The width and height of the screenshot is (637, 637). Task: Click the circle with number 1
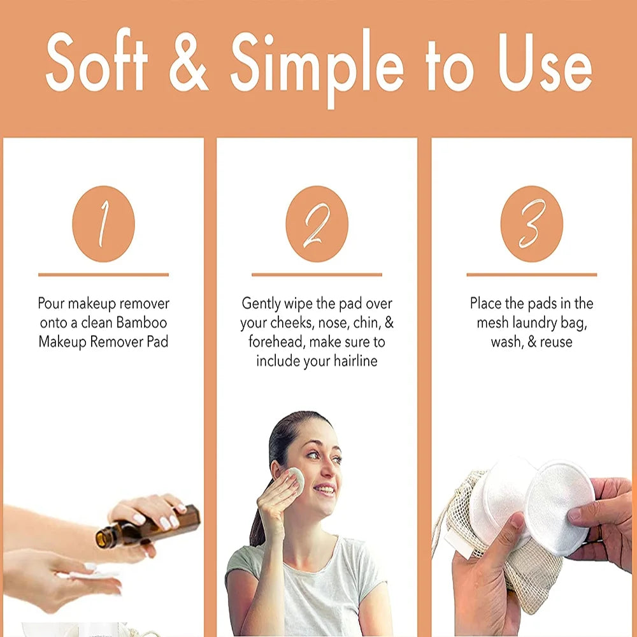tap(103, 224)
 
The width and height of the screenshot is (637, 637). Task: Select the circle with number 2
tap(317, 224)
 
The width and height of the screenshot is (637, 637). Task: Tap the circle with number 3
tap(531, 224)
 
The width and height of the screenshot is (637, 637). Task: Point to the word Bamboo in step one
tap(141, 322)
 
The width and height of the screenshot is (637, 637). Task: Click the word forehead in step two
tap(276, 342)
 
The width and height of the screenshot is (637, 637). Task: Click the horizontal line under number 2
tap(317, 275)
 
